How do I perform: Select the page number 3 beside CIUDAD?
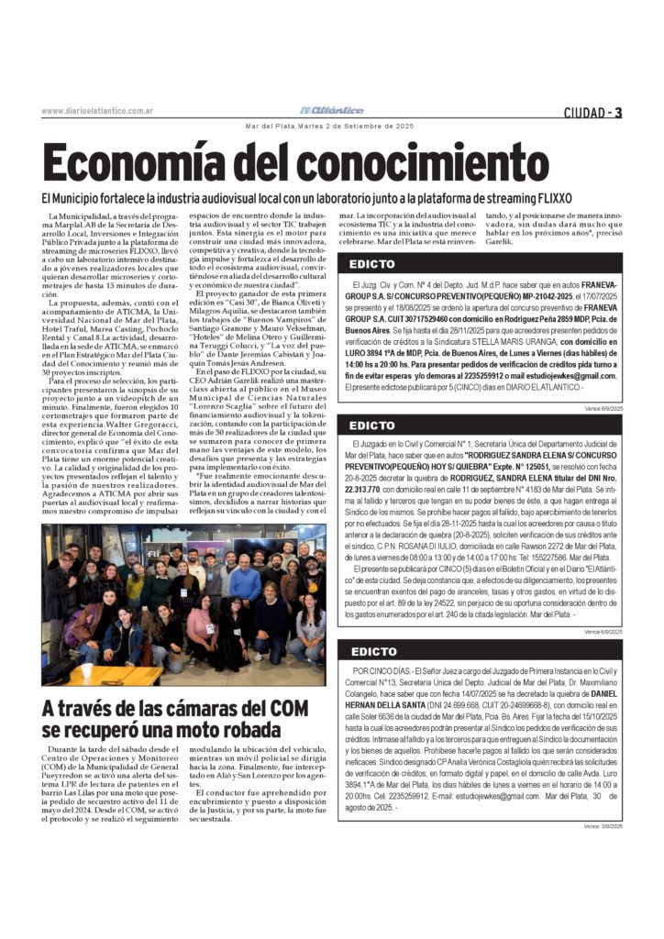pyautogui.click(x=619, y=113)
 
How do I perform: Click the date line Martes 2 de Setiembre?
pyautogui.click(x=331, y=126)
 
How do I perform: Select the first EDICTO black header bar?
pyautogui.click(x=481, y=264)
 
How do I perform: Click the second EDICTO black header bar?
pyautogui.click(x=481, y=425)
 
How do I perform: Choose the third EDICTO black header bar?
pyautogui.click(x=481, y=652)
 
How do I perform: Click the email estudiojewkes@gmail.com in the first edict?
pyautogui.click(x=570, y=376)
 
